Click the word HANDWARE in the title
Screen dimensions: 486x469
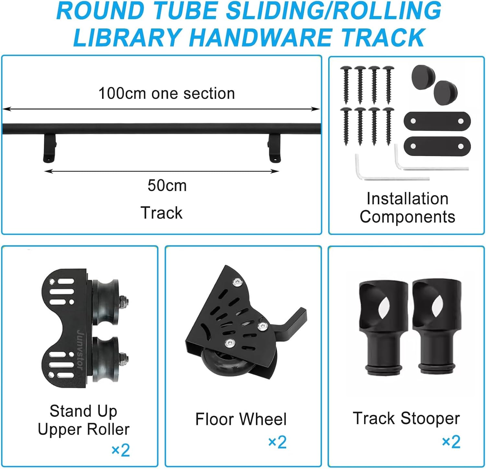[x=262, y=38]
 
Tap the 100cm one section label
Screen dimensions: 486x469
[x=167, y=94]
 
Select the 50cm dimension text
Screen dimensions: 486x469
[x=167, y=186]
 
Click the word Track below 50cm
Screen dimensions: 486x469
[x=161, y=213]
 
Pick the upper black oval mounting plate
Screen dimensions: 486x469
[x=437, y=121]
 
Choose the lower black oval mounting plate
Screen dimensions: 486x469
[x=437, y=146]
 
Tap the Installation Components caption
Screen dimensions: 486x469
[x=407, y=208]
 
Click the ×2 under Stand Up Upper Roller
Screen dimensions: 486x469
[x=121, y=450]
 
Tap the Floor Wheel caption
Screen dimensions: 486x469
[x=241, y=419]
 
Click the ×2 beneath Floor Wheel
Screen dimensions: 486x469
[x=277, y=442]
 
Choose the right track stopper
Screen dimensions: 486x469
[x=436, y=327]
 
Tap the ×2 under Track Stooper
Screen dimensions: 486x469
[x=451, y=442]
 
